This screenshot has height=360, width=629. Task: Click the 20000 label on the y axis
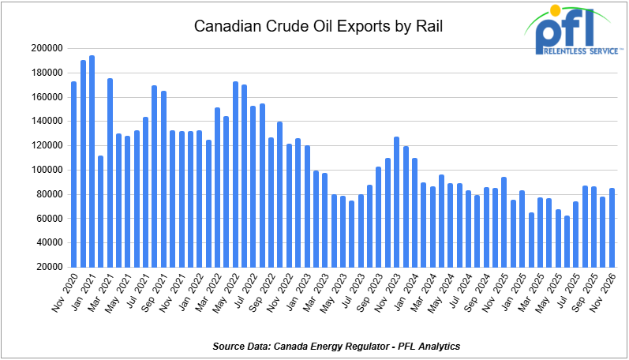[47, 267]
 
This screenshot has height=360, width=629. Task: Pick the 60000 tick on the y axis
[47, 219]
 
